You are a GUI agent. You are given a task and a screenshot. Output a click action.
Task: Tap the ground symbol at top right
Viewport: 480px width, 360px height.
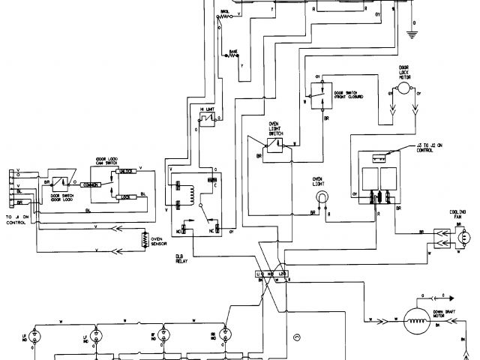click(412, 34)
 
